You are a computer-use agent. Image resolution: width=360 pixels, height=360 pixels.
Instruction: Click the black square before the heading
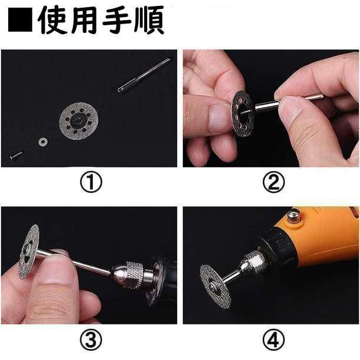click(20, 20)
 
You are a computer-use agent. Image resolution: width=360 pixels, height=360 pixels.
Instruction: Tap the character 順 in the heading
click(149, 20)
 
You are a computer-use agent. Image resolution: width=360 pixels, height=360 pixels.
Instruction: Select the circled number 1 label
click(91, 182)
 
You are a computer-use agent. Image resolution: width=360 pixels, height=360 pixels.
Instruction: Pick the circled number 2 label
click(274, 182)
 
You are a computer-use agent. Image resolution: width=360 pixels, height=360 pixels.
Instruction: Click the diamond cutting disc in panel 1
click(79, 121)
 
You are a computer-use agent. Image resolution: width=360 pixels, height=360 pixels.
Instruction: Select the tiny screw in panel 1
click(16, 155)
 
